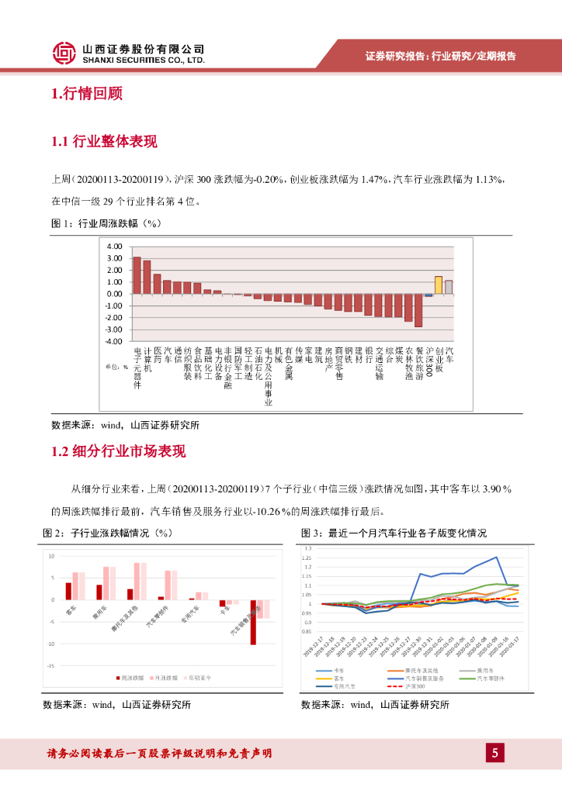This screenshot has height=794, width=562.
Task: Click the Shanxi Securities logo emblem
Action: tap(64, 53)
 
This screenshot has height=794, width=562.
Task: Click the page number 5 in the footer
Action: tap(494, 752)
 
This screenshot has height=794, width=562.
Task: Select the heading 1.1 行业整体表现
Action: tap(103, 141)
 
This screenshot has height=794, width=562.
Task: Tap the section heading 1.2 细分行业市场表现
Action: tap(118, 451)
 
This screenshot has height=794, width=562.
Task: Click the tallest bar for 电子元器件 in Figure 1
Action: tap(137, 275)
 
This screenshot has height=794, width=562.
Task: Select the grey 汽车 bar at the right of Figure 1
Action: tap(449, 287)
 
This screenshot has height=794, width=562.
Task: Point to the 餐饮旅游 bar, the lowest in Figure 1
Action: tap(418, 310)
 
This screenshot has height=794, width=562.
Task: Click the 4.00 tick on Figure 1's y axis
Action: tap(115, 247)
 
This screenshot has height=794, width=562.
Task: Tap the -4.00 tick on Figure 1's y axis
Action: tap(113, 341)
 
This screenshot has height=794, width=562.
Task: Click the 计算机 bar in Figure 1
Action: tap(147, 277)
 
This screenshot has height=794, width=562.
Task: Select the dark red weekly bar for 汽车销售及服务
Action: tap(253, 622)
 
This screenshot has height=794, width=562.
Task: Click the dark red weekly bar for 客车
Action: tap(68, 591)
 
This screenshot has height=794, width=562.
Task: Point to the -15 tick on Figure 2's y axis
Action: tap(50, 665)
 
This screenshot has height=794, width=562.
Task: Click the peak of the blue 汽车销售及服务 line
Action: tap(496, 557)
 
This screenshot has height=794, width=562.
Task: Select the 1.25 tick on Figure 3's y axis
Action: tap(308, 558)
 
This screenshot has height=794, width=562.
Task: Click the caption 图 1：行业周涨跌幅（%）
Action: tap(105, 224)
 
